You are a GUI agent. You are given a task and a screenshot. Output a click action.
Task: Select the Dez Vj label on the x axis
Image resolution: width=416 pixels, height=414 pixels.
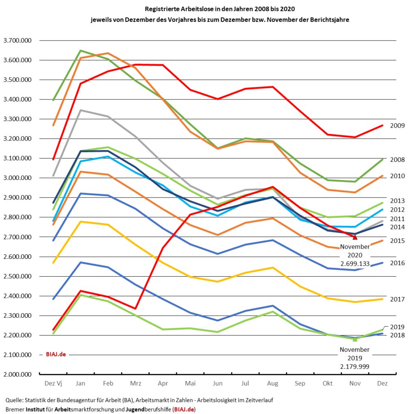click(x=53, y=384)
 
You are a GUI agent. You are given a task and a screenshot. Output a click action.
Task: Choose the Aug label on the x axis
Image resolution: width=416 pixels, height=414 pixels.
click(x=273, y=384)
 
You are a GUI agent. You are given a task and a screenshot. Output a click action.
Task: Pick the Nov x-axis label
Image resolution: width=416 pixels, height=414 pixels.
click(x=355, y=384)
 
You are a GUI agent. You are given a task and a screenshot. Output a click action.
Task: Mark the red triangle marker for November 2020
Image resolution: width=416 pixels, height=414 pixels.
click(x=355, y=237)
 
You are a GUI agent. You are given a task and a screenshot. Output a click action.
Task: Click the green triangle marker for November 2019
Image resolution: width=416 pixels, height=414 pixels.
click(x=355, y=338)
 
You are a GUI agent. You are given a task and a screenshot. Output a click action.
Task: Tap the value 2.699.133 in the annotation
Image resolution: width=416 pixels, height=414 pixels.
click(x=355, y=264)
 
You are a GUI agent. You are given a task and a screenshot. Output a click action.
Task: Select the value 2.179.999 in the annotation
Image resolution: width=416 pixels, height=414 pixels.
click(x=355, y=366)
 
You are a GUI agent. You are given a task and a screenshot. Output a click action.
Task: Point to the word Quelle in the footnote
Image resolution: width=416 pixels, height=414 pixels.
click(x=15, y=400)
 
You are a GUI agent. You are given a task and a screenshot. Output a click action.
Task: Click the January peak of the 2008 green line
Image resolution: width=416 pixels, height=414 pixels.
click(x=80, y=50)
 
